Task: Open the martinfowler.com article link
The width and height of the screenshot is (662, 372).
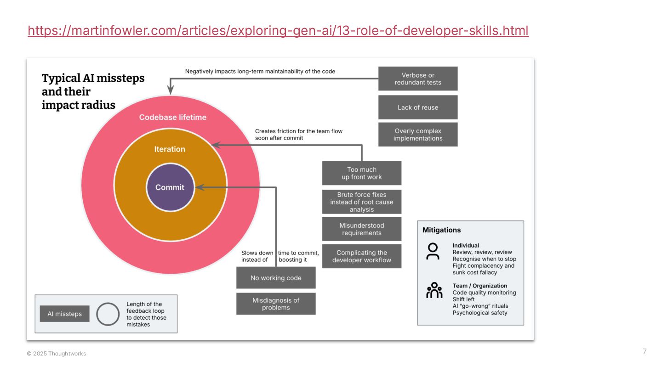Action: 278,31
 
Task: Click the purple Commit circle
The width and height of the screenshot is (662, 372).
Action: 170,187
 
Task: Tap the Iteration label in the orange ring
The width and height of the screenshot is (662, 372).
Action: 170,149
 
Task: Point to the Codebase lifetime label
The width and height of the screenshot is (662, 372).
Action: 173,117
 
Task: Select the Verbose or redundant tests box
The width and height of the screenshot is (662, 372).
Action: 418,79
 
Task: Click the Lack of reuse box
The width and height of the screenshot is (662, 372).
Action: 418,107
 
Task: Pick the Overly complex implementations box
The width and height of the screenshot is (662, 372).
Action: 418,135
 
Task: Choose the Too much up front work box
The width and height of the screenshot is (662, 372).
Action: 362,173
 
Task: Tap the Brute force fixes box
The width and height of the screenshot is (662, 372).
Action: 362,202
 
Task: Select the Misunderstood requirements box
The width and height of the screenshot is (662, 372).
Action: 362,229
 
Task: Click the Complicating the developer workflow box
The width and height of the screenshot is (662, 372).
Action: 362,256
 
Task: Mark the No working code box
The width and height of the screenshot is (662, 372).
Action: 276,278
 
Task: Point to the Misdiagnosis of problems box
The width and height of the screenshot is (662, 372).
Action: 276,304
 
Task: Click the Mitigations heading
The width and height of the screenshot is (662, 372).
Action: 441,230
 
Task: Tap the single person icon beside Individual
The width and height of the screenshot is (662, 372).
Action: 433,251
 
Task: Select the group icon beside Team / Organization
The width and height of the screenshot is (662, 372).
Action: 434,290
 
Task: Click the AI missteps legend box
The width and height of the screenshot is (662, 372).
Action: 64,314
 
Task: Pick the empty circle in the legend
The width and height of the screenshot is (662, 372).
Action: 108,314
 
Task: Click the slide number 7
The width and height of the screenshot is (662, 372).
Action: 645,352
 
